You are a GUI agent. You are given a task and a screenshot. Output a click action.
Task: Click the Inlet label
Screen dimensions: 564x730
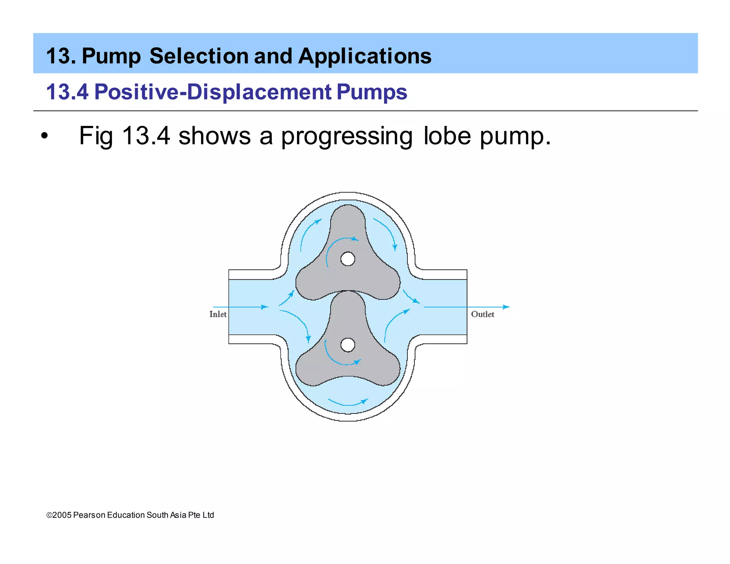[218, 314]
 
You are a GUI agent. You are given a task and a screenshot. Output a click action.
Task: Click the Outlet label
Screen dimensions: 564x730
[482, 314]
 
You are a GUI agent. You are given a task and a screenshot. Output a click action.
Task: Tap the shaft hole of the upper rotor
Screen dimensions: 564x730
[348, 259]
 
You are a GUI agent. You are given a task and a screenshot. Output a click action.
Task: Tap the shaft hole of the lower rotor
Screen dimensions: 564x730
[348, 345]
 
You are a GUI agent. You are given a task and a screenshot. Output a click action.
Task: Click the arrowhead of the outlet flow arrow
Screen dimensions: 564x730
[506, 307]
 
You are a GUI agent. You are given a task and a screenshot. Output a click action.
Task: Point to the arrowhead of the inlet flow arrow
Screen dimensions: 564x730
[264, 307]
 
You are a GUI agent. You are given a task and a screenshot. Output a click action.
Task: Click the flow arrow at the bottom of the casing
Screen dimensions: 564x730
[348, 404]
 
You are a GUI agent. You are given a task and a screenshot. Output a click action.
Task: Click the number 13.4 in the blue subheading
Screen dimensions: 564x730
[67, 92]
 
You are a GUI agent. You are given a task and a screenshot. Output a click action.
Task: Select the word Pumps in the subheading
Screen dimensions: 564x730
[371, 92]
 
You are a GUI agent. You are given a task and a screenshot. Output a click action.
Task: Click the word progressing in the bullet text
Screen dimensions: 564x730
[346, 136]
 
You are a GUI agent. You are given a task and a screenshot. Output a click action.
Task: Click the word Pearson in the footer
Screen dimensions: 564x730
[89, 515]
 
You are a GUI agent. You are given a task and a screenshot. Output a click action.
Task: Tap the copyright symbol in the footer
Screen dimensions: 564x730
[49, 515]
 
